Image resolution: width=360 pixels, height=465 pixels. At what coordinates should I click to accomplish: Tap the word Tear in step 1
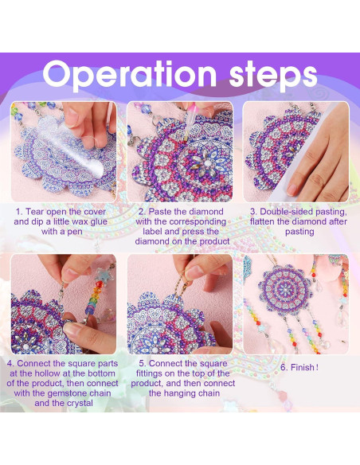tap(34, 212)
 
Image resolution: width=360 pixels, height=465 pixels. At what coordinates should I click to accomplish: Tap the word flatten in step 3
tap(262, 221)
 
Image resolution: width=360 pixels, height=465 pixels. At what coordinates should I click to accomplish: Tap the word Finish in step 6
tap(303, 367)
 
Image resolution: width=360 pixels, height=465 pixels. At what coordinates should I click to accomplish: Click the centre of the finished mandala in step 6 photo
tap(285, 288)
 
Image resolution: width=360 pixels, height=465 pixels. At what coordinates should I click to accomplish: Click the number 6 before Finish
tap(284, 368)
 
